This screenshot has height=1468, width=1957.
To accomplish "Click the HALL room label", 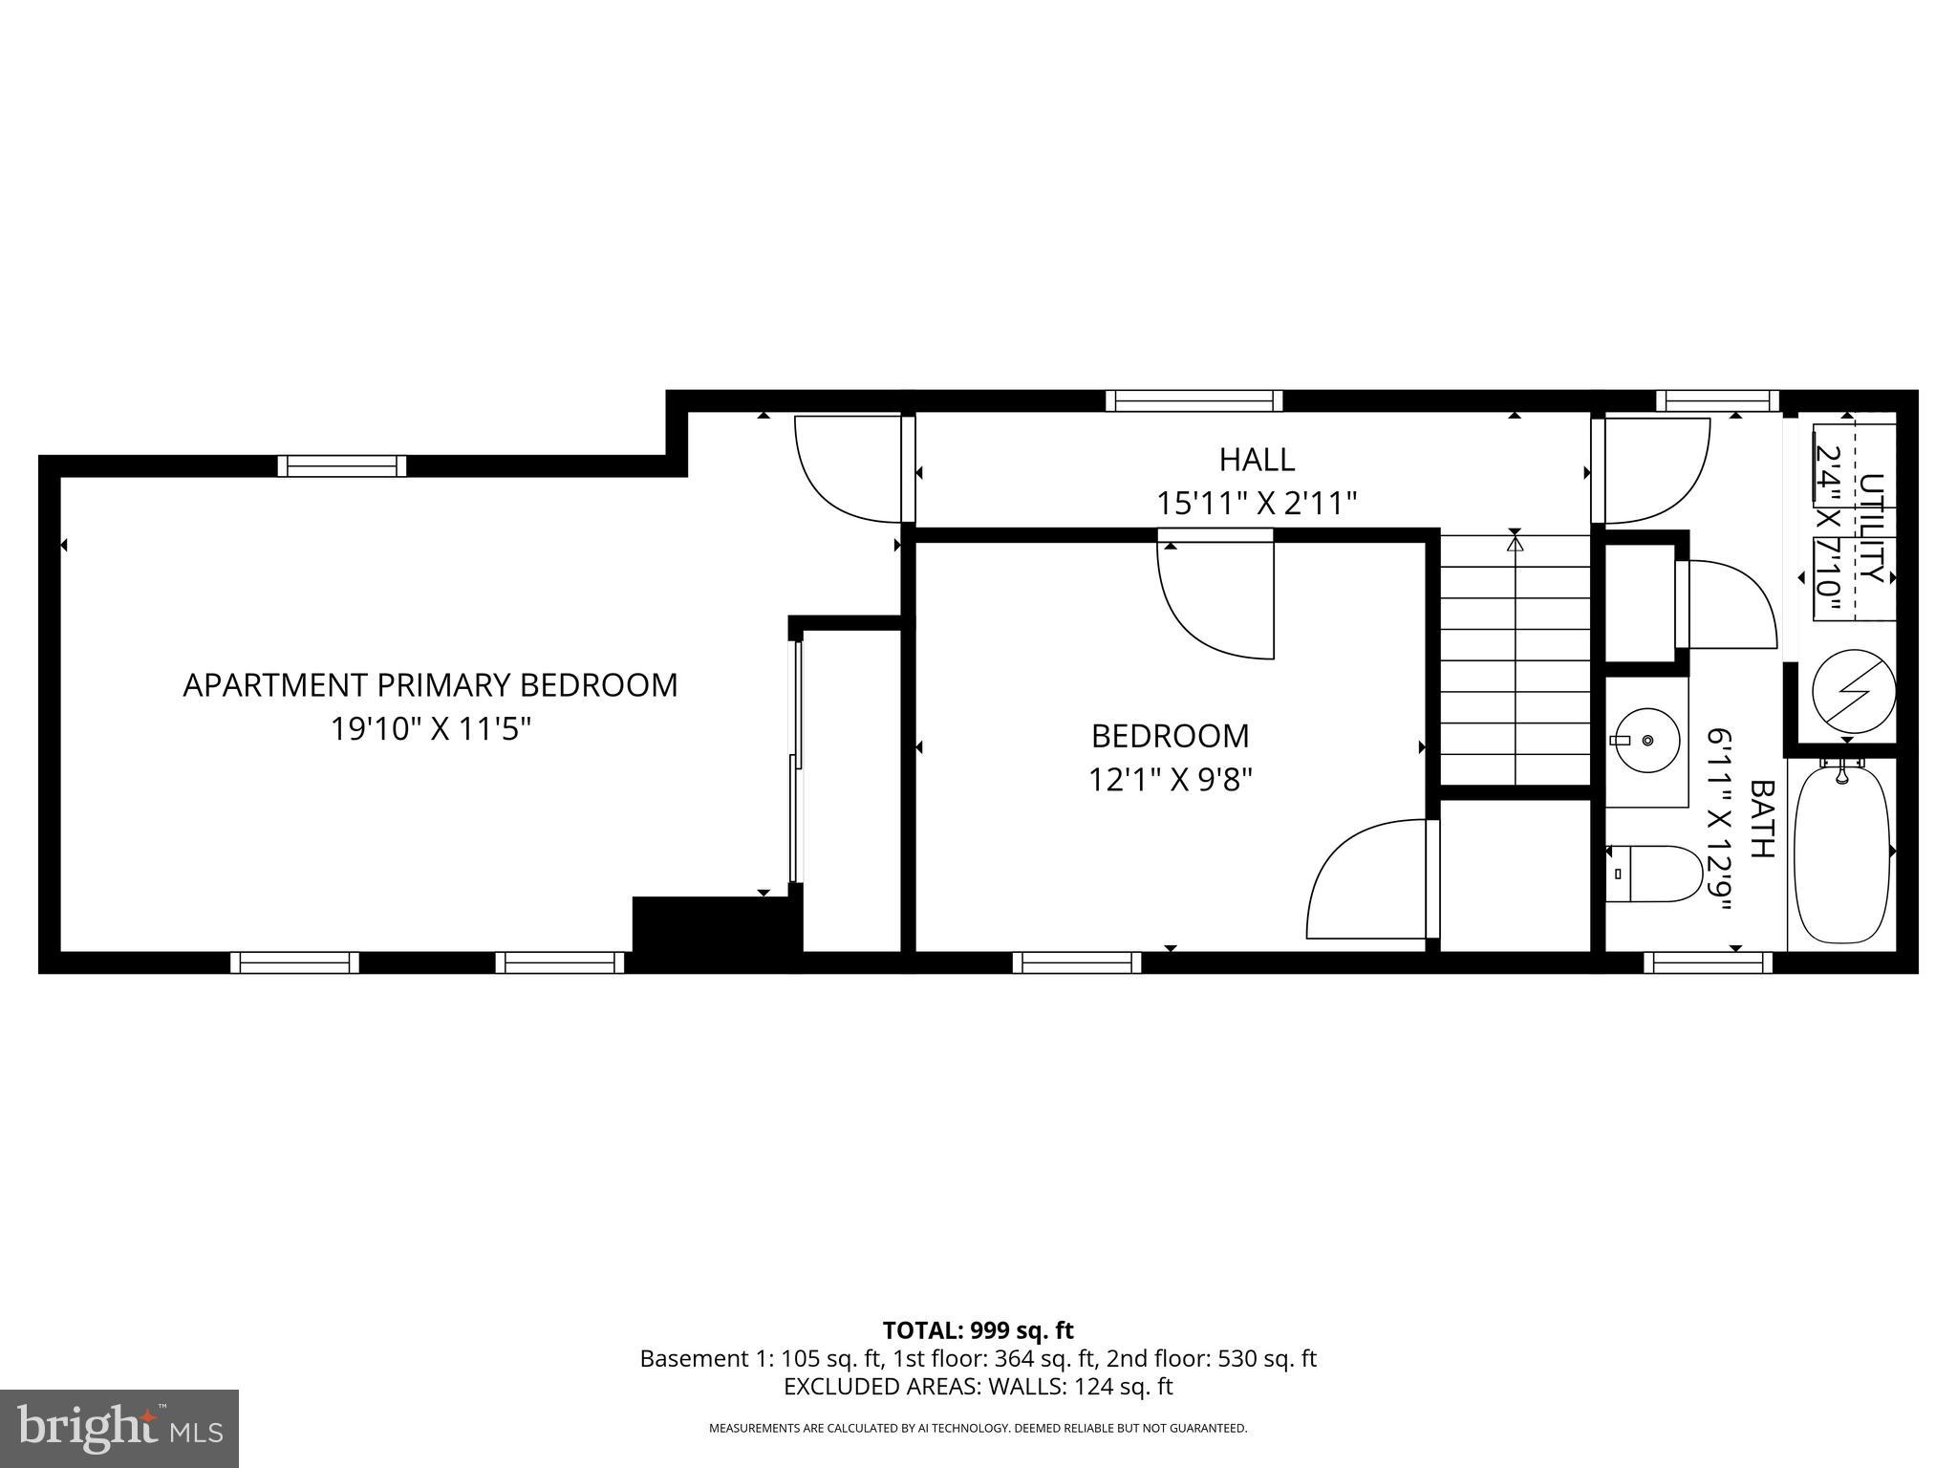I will tap(1257, 460).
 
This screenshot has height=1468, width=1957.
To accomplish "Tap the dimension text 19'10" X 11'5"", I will tap(430, 729).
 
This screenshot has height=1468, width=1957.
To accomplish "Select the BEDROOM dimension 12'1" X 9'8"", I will tap(1170, 780).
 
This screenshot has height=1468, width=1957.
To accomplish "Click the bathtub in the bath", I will tap(1841, 854).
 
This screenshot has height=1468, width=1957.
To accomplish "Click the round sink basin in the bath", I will tap(1646, 741).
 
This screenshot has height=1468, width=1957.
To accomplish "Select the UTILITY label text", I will tap(1870, 528).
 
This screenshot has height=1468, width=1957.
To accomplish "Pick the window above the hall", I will tap(1194, 400).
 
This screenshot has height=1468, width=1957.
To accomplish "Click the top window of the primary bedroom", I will tap(342, 466).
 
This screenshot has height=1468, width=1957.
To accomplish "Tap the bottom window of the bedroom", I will tap(1077, 962).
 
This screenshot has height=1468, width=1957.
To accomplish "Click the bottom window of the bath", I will tap(1708, 962).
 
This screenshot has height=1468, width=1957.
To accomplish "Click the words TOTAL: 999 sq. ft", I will tap(978, 1330).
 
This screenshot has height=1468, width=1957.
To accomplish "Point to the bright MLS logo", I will tap(119, 1428).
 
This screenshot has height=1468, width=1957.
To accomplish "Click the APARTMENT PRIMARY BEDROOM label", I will tap(430, 685).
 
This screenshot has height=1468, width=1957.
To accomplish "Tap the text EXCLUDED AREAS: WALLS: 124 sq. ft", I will tap(978, 1387).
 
